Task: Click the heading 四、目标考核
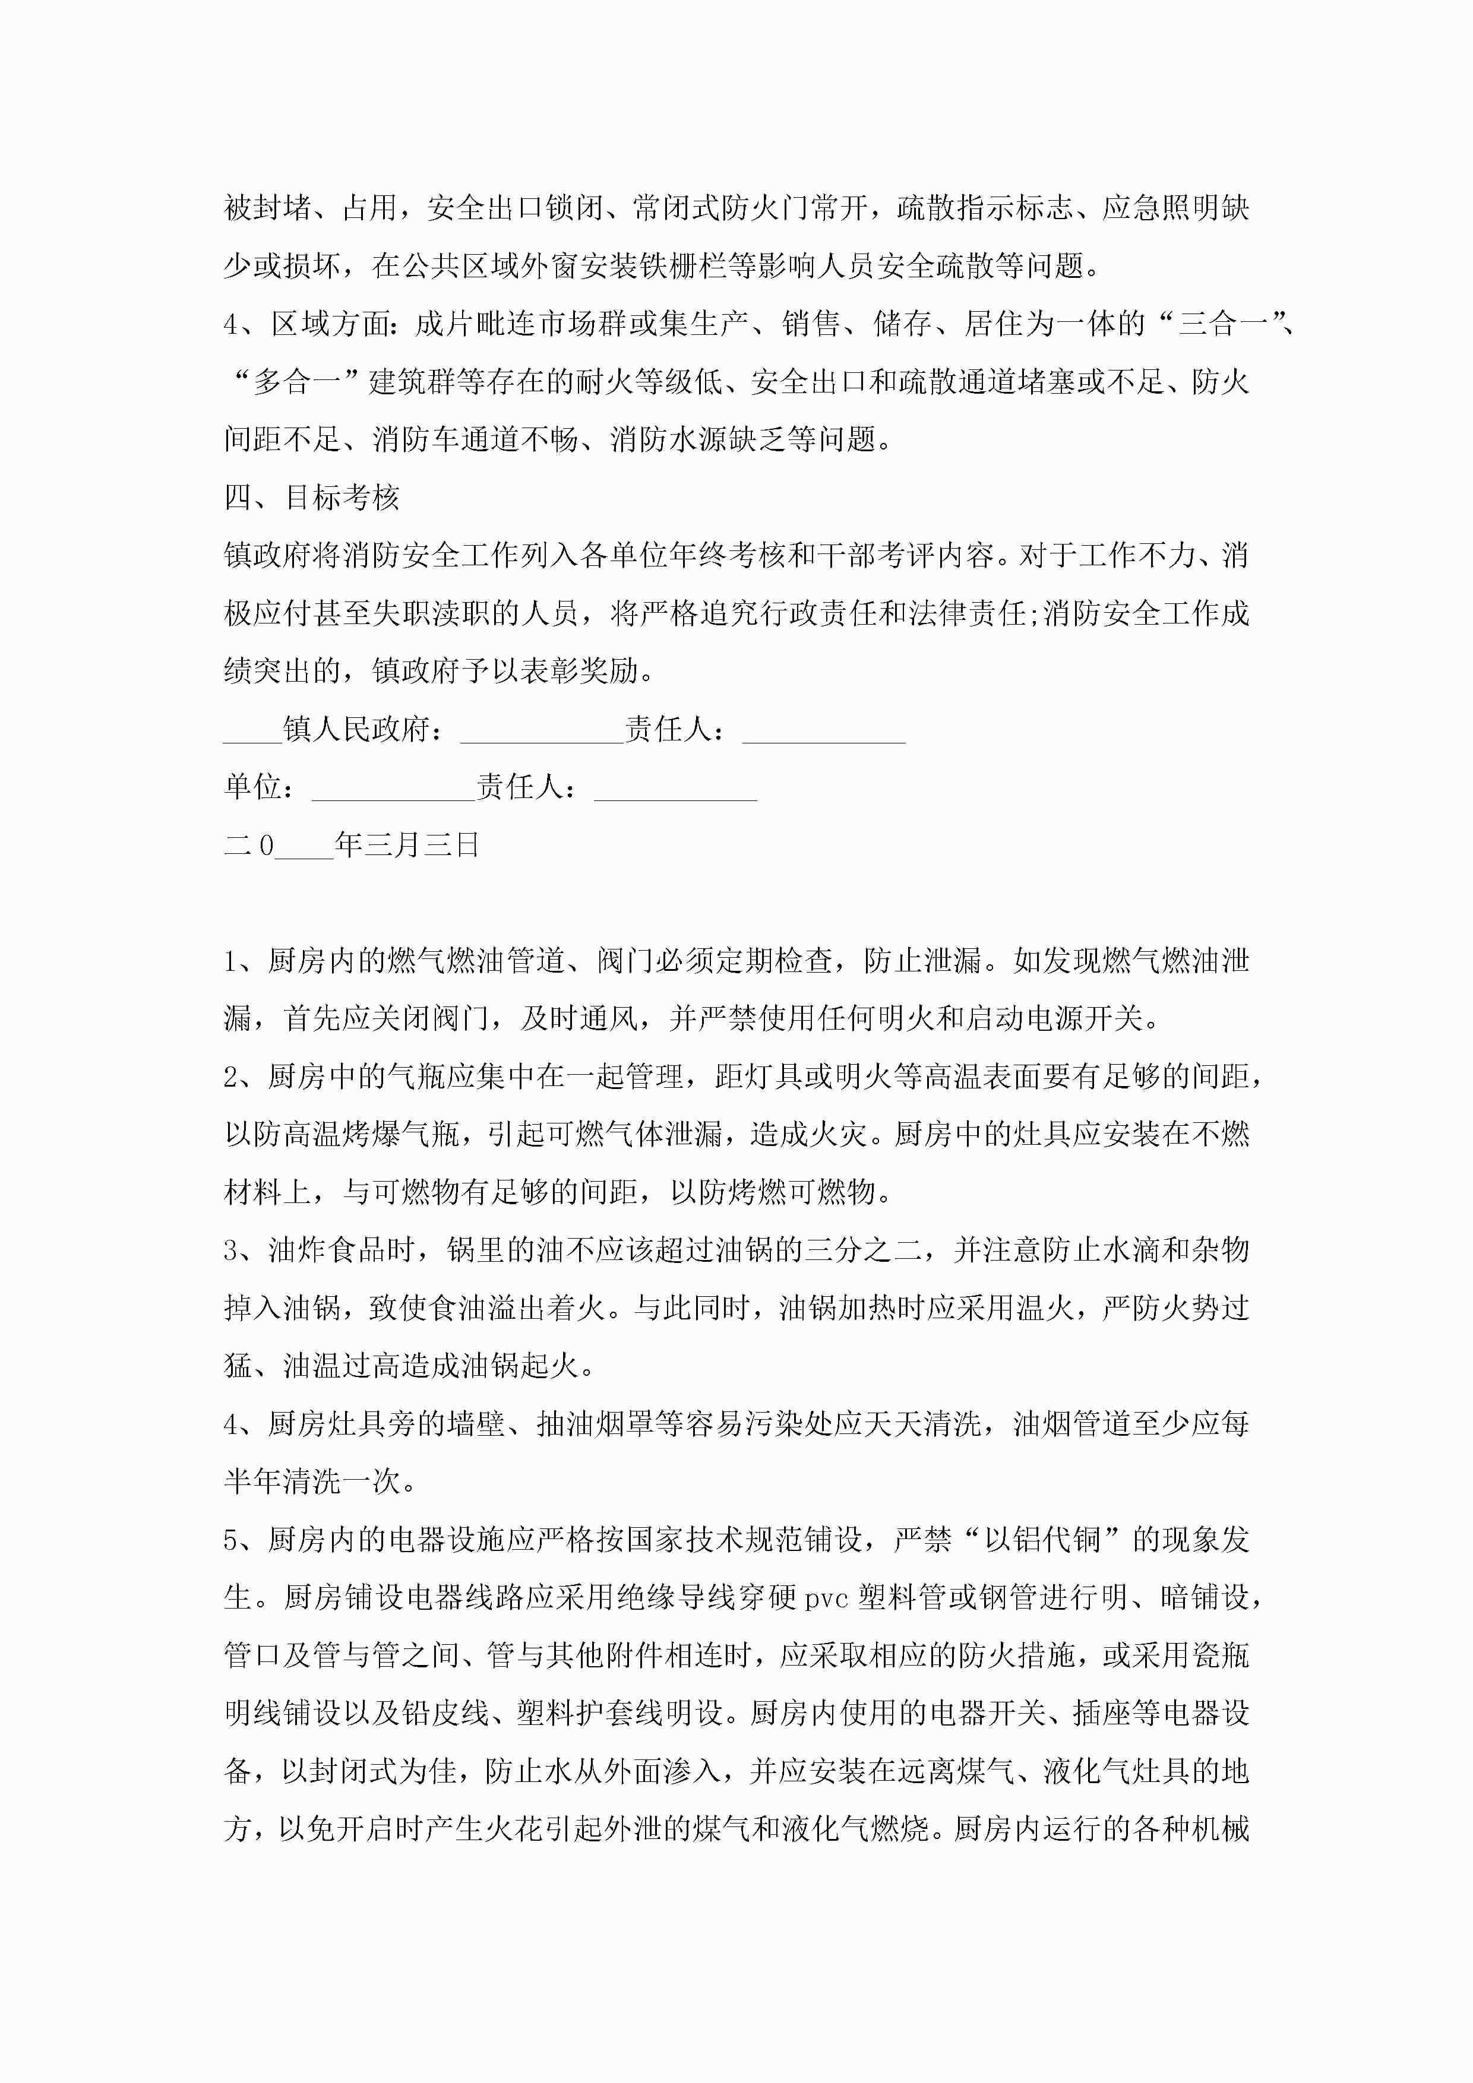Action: (311, 497)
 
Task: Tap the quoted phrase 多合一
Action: (296, 382)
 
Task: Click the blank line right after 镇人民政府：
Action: (542, 730)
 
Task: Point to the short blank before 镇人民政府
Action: (252, 730)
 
